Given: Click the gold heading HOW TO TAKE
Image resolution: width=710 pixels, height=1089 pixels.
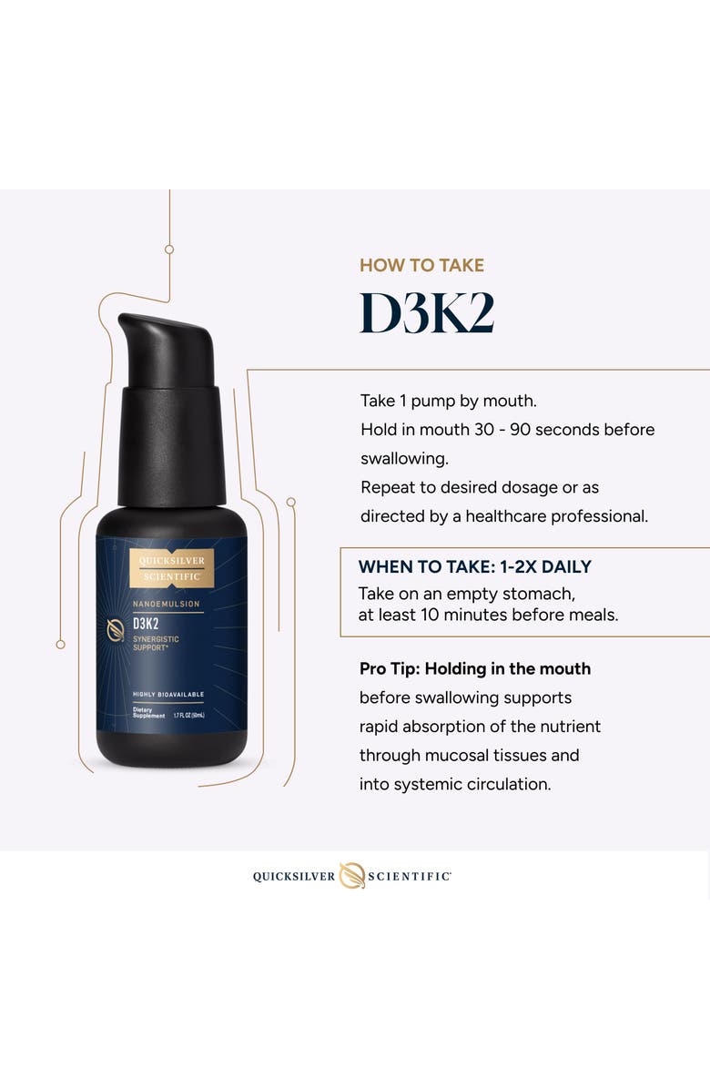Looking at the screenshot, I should (x=421, y=266).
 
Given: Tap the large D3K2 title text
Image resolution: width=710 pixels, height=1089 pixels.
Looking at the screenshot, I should (x=427, y=314).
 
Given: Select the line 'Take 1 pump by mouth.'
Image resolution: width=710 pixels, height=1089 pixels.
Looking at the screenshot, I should (x=448, y=401).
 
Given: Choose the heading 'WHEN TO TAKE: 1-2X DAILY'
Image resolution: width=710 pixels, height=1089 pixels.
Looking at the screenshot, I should (x=474, y=566).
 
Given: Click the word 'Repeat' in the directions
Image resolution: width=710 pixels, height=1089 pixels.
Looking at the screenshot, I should (x=387, y=487).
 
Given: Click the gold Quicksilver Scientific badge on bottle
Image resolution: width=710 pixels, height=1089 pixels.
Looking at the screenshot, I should (x=171, y=568).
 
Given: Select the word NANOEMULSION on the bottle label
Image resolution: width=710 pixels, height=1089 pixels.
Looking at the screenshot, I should (x=167, y=604).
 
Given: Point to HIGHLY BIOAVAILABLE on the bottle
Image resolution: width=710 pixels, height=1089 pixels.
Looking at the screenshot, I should (x=168, y=695).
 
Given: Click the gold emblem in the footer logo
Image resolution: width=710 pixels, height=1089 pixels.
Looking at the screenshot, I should (x=351, y=875).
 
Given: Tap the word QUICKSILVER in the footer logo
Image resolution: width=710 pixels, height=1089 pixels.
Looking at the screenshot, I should (x=294, y=876).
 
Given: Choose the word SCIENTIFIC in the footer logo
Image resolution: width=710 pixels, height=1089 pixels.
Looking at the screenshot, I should (x=409, y=876).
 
